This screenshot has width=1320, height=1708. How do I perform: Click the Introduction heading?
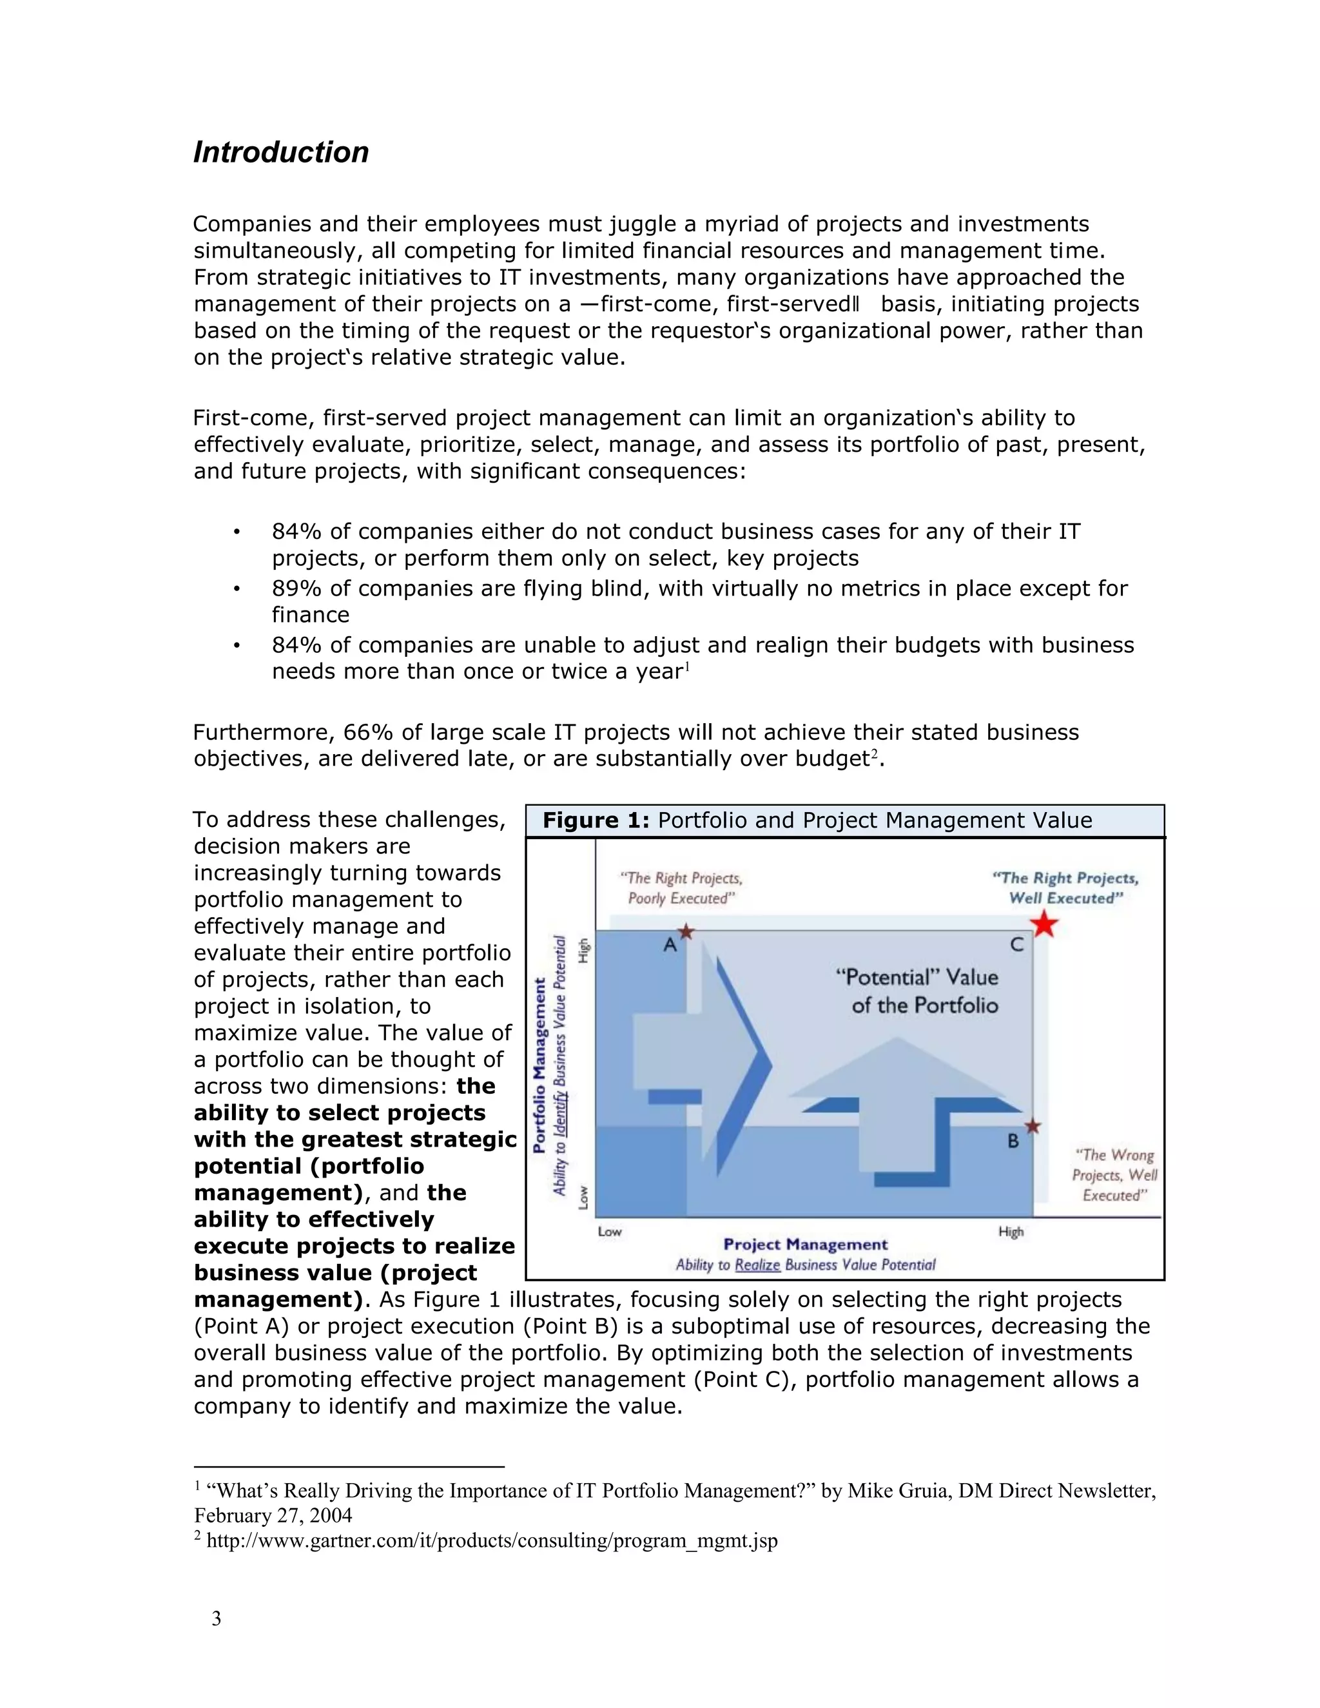281,153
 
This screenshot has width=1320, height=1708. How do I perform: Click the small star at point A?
686,931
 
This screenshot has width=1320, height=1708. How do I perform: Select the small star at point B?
1033,1126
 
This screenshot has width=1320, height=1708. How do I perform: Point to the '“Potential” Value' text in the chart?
917,978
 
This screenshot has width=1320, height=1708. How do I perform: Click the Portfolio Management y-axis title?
539,1065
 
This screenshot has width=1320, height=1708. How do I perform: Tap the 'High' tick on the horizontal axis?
1011,1232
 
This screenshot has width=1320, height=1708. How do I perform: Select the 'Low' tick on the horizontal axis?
609,1232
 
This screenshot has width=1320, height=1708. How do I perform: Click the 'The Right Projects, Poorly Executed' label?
681,888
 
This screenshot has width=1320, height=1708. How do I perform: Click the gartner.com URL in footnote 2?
492,1540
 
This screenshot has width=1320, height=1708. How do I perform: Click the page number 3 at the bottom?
217,1619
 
